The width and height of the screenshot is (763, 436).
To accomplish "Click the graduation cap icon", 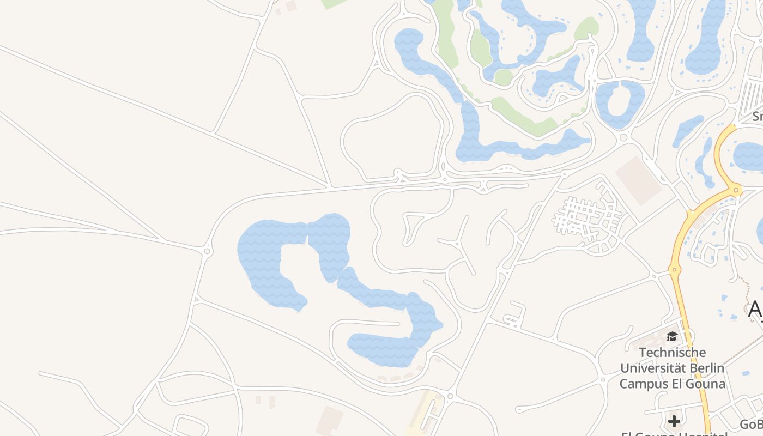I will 672,337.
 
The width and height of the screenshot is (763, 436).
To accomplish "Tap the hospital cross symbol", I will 674,421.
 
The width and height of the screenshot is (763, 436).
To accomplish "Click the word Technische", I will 672,353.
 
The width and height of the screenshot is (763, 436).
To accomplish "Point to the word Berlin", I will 706,368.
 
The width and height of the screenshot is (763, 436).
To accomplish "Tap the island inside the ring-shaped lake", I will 620,101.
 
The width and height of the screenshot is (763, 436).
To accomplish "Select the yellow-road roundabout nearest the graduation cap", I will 675,269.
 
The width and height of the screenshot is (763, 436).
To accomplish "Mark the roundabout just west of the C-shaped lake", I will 207,251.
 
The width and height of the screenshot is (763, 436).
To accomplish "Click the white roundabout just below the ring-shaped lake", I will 624,137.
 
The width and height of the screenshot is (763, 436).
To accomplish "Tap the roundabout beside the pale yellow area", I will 450,396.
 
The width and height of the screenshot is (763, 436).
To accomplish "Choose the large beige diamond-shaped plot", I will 638,180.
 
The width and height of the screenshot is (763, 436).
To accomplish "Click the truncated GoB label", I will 752,424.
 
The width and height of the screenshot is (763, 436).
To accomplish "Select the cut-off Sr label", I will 757,116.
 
